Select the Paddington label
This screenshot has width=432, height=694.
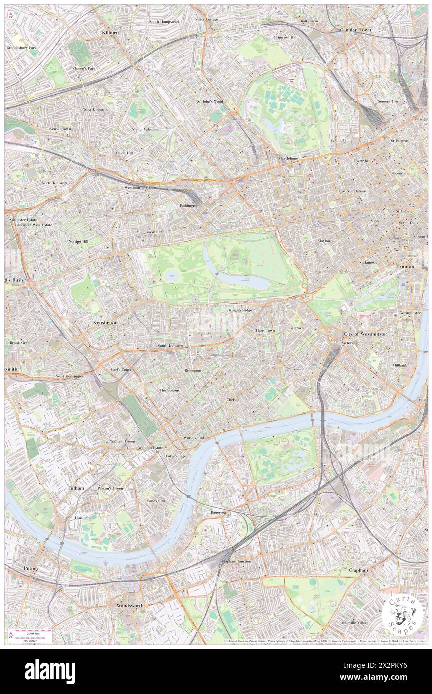point(189,205)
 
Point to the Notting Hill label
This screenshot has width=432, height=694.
point(78,241)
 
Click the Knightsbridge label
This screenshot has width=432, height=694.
point(240,310)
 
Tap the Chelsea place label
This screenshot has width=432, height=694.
point(233,400)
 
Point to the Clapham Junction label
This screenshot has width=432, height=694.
point(236,561)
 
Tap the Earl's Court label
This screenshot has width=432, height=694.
point(121,370)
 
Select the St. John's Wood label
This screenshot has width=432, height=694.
point(210,101)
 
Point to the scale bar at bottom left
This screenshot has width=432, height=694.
point(32,636)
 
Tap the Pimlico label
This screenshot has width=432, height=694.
point(355,389)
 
